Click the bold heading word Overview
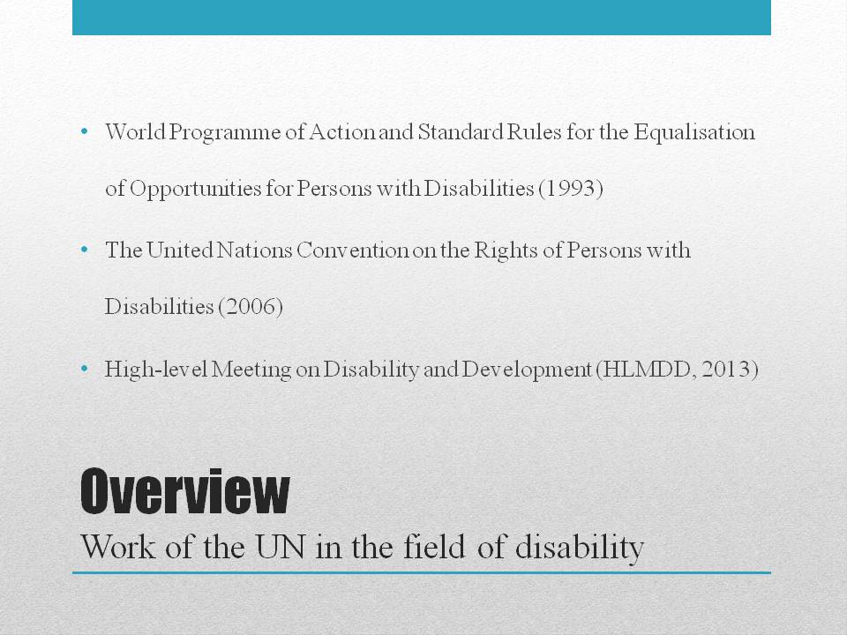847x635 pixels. [184, 491]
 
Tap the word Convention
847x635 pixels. [352, 250]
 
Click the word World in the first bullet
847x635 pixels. [135, 132]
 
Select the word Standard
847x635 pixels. [461, 132]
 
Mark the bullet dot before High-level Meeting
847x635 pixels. [84, 370]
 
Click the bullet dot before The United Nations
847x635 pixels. [84, 250]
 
